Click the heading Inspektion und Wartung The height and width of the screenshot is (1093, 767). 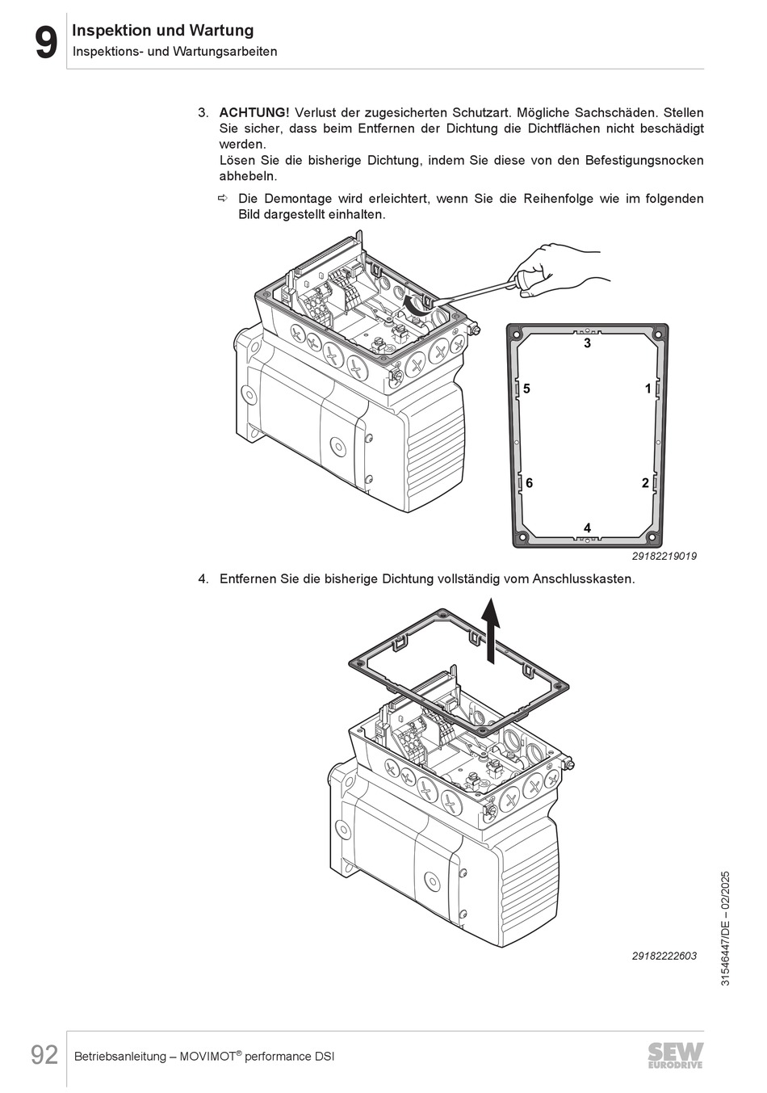[x=163, y=31]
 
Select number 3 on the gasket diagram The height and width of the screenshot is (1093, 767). [x=588, y=343]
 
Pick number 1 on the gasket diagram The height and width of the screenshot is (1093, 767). [x=648, y=389]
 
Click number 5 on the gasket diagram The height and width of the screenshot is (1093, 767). [x=526, y=389]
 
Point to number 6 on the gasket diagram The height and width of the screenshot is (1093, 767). [x=529, y=483]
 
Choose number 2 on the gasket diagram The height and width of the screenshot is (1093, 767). [x=645, y=483]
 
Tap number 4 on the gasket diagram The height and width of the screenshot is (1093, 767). [x=588, y=528]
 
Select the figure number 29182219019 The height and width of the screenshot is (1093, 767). [x=664, y=557]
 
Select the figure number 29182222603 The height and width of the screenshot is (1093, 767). [x=664, y=956]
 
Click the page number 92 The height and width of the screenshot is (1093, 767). [x=44, y=1055]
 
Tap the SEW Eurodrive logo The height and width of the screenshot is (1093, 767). [x=675, y=1055]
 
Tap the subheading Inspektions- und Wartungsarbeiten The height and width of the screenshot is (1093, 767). [x=175, y=52]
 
